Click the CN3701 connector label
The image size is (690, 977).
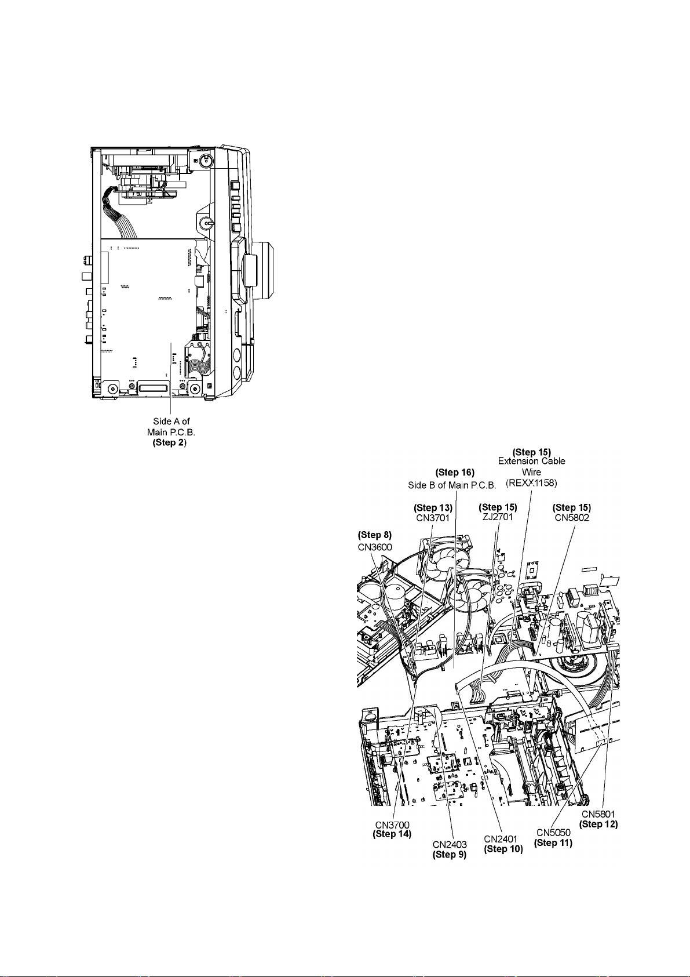(x=433, y=518)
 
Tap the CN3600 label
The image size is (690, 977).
(x=375, y=546)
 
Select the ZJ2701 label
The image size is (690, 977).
(x=498, y=517)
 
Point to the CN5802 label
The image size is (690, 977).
(x=572, y=517)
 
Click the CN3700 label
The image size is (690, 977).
(x=392, y=825)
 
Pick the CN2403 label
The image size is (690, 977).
(x=450, y=845)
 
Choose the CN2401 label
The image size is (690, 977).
(x=503, y=839)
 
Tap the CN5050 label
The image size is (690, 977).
(x=553, y=833)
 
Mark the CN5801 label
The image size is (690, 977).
(x=598, y=814)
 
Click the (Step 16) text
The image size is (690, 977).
(x=455, y=473)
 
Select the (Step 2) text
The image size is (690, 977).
(x=170, y=442)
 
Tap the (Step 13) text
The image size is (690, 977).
(x=433, y=508)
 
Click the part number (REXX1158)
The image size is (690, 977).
(x=532, y=482)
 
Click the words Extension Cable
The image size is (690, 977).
(x=532, y=462)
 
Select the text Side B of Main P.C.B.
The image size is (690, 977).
(x=452, y=485)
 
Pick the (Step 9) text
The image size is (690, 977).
(x=450, y=855)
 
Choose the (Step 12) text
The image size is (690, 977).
(x=598, y=824)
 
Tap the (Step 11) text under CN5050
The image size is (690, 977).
(x=553, y=843)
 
